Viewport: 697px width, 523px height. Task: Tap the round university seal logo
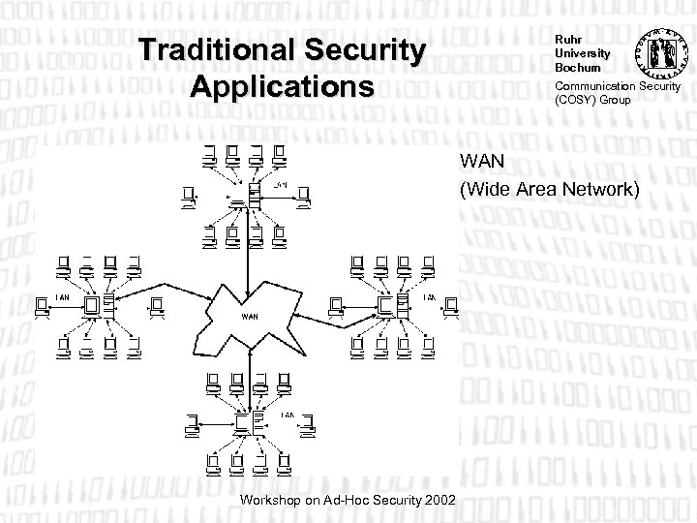pos(659,50)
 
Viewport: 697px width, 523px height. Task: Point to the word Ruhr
pos(565,39)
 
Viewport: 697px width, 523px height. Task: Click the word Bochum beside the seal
pos(571,68)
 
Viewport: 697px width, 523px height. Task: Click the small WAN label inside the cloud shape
pos(250,316)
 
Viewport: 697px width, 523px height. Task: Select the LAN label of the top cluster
pos(280,184)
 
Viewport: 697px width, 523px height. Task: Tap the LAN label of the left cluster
pos(61,295)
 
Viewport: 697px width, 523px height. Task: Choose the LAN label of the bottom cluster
pos(288,415)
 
